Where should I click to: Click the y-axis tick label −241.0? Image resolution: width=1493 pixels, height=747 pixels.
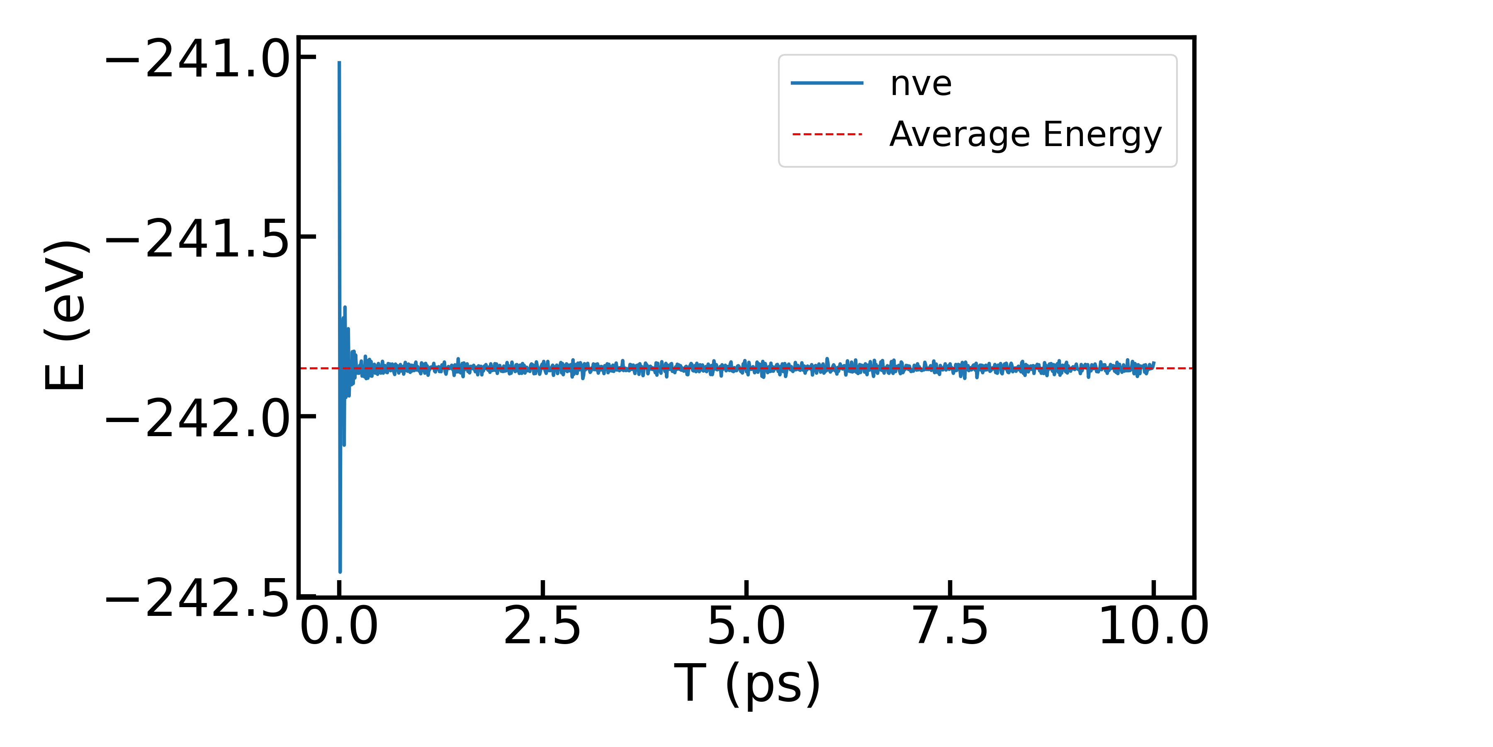click(197, 59)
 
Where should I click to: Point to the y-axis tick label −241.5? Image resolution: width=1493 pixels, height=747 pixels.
click(197, 238)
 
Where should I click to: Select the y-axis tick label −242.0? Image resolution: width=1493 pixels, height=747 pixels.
click(197, 418)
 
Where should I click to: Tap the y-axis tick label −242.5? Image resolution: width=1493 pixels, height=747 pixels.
click(197, 598)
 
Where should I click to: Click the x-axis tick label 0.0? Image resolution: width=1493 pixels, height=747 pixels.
click(339, 626)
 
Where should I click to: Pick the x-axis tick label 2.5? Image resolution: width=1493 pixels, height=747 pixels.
click(542, 626)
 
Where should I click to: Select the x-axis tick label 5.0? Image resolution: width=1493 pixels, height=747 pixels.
click(746, 626)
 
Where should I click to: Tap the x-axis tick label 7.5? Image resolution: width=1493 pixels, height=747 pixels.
click(950, 626)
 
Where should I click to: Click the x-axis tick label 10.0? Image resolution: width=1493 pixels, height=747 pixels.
click(1153, 626)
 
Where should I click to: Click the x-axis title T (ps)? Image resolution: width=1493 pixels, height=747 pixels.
click(747, 684)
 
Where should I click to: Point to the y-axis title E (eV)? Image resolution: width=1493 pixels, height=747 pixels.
click(66, 315)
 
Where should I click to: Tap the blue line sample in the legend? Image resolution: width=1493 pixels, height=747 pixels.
click(827, 83)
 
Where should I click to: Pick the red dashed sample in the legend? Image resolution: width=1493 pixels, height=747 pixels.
click(827, 134)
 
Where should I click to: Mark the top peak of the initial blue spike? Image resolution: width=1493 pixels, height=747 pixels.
click(339, 62)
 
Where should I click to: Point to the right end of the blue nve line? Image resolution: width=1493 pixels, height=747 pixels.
click(1154, 363)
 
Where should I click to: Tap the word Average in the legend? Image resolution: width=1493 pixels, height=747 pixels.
click(961, 134)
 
